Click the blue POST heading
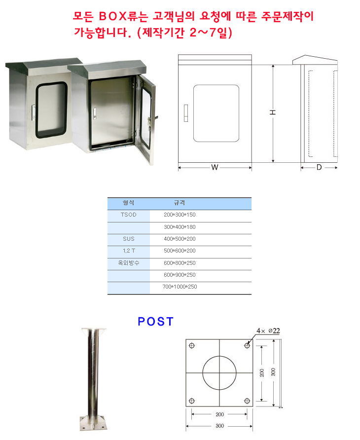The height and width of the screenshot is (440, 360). point(155,321)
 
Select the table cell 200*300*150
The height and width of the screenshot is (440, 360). point(180,215)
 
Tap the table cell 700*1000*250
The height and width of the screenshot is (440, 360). point(180,287)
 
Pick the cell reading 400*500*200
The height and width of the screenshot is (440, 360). point(180,239)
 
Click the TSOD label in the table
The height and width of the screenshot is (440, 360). point(129,215)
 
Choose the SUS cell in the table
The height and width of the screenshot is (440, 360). point(129,239)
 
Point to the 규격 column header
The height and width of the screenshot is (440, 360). point(180,203)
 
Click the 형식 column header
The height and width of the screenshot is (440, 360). point(128,203)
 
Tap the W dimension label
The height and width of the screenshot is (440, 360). point(215,167)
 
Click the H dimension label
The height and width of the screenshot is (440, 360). point(273,112)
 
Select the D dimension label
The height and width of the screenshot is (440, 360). point(319,167)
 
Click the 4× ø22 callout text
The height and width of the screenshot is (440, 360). point(268,331)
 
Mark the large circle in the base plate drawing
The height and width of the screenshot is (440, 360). point(219,356)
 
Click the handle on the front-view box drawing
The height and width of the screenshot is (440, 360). point(186,113)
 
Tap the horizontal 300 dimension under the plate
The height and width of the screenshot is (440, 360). point(220,426)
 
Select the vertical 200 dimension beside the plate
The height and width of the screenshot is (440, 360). point(262,372)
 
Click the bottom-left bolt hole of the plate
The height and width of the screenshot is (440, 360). point(192,401)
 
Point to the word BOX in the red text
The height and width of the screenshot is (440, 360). point(113,16)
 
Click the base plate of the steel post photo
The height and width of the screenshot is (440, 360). point(93,424)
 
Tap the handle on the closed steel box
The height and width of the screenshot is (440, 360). point(33,112)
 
